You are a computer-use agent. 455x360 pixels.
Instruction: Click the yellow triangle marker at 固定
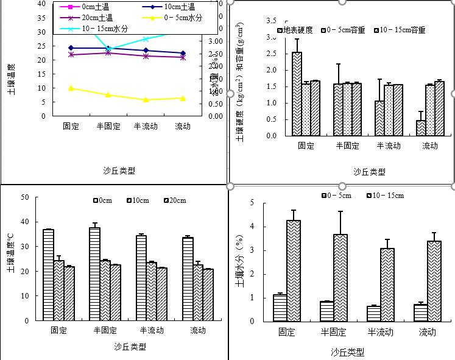[71, 88]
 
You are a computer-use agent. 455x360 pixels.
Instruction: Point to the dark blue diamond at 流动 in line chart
[182, 54]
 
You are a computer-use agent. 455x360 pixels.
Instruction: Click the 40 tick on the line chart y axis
[41, 4]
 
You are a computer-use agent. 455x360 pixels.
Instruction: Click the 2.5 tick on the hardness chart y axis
[271, 54]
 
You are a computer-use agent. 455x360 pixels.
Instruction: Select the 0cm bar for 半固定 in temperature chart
[94, 274]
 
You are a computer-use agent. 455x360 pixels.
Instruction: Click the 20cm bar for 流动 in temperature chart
[208, 294]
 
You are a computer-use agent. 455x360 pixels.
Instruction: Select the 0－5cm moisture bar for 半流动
[373, 313]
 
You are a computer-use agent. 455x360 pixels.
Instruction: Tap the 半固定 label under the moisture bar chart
[333, 332]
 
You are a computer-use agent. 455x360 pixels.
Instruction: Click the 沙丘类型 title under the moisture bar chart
[348, 352]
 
